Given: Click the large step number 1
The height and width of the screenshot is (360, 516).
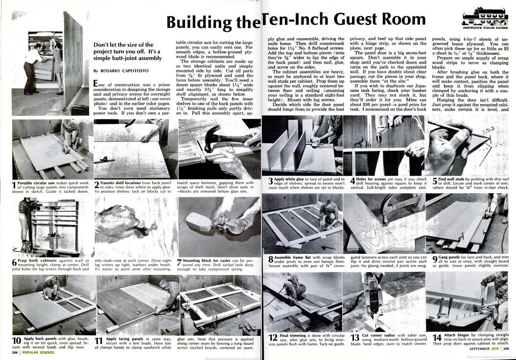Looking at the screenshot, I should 14,185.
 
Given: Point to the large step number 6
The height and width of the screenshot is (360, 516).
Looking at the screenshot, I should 14,263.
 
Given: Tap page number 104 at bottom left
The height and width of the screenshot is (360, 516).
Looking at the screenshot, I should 16,352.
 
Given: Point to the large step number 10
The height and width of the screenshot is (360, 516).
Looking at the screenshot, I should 16,341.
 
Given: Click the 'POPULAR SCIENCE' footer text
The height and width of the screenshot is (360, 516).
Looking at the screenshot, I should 39,352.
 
